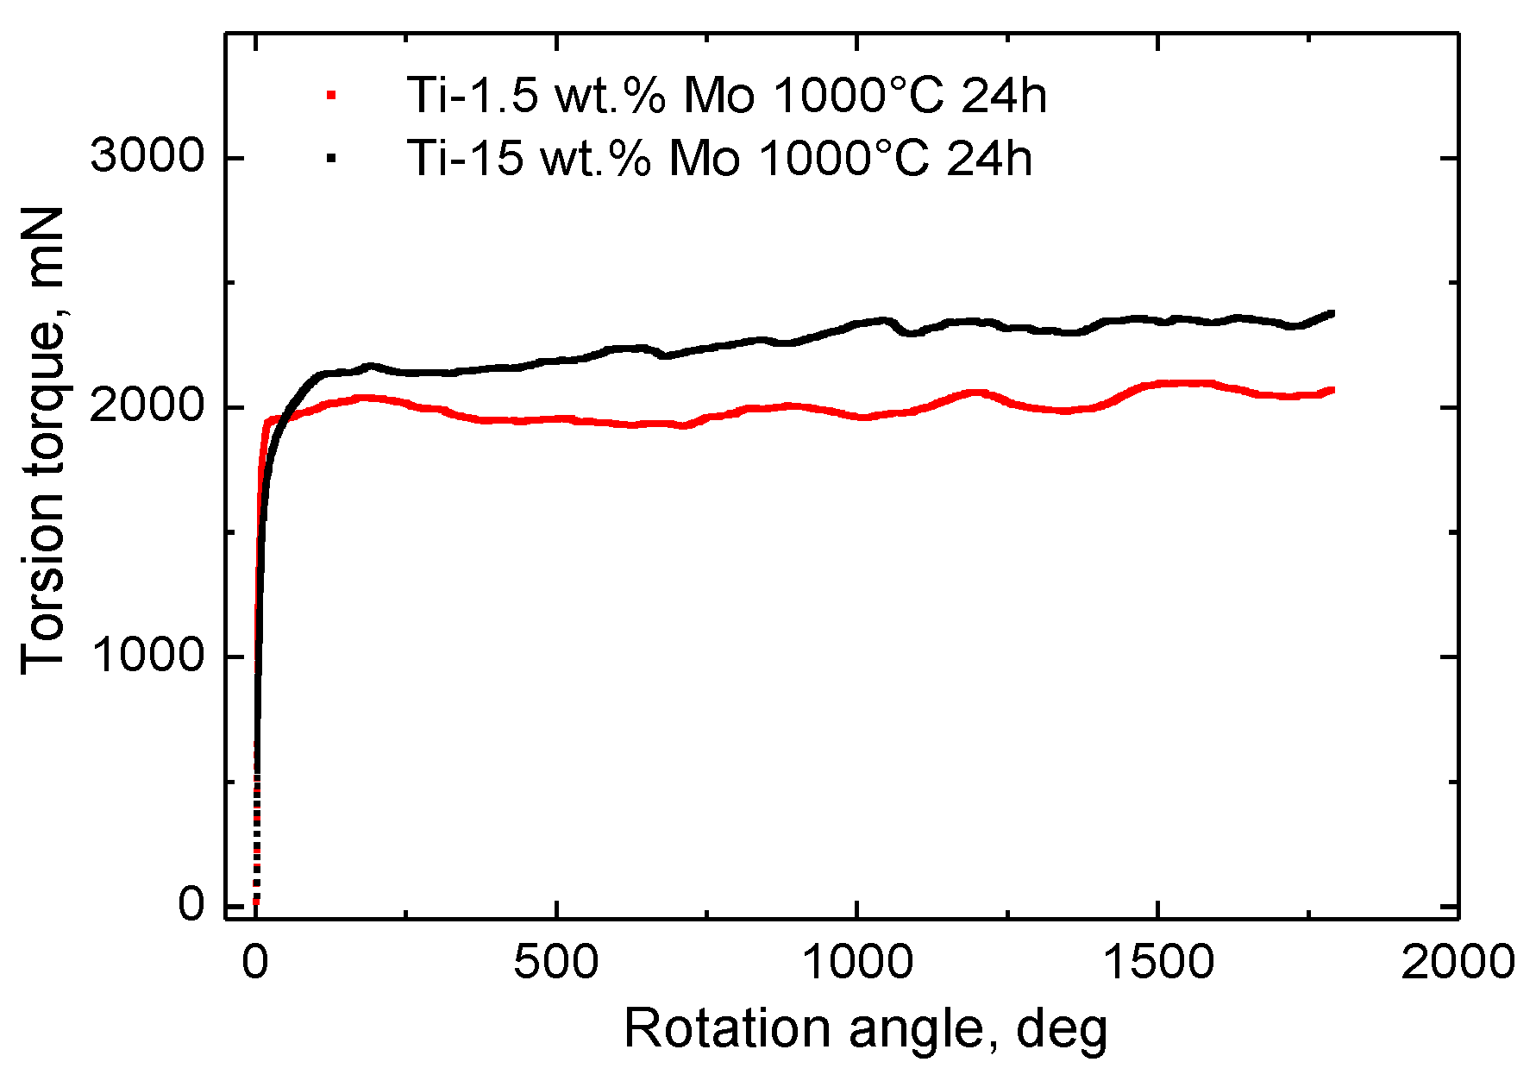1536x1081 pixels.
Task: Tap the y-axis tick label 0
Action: point(191,904)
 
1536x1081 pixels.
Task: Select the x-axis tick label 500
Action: point(556,962)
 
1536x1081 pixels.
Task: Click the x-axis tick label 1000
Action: point(856,962)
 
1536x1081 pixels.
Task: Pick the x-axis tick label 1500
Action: point(1157,962)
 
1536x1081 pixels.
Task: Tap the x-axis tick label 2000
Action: point(1458,962)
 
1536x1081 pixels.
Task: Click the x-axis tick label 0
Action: point(255,962)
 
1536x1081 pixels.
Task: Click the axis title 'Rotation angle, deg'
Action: point(865,1029)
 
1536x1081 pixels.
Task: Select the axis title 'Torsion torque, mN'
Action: point(43,440)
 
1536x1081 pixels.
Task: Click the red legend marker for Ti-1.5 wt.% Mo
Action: point(330,96)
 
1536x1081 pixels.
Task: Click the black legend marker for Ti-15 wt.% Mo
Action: point(330,158)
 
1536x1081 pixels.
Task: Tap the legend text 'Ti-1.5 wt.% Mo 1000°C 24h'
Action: point(726,95)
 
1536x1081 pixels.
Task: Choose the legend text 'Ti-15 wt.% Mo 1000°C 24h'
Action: point(718,158)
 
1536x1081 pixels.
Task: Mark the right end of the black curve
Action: point(1332,313)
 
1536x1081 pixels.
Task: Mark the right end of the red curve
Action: point(1332,390)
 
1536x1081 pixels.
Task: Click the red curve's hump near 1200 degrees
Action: point(975,393)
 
